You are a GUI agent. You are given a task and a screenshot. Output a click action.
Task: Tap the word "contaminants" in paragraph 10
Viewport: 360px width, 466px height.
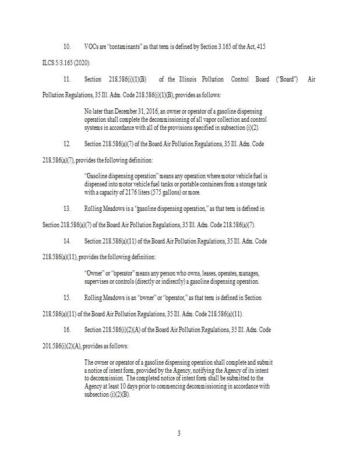coord(122,46)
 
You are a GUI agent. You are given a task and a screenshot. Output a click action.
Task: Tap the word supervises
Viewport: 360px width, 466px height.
coord(98,281)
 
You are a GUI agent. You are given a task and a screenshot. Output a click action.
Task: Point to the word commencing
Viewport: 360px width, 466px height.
coord(178,386)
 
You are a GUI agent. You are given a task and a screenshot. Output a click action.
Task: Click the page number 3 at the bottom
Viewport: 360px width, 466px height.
coord(179,433)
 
